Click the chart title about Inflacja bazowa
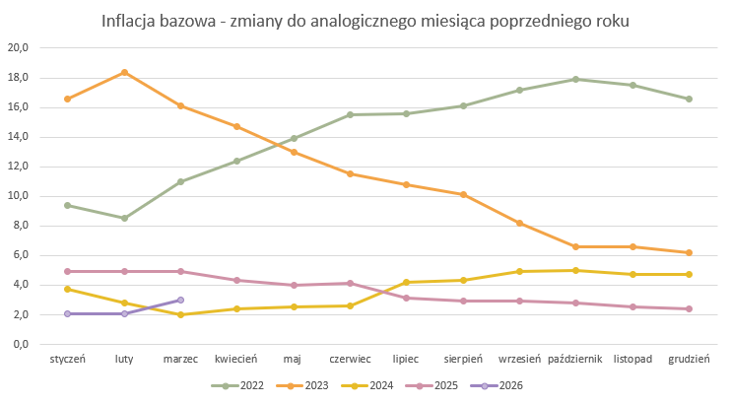[x=365, y=21]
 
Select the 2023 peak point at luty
[x=124, y=72]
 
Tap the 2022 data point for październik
[x=575, y=79]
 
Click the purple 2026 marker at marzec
[x=180, y=300]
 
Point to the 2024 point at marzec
[x=180, y=314]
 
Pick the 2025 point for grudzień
[x=689, y=308]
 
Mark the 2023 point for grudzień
[x=689, y=252]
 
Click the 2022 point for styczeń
[x=67, y=205]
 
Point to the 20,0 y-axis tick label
[x=19, y=47]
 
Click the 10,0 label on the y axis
[x=19, y=196]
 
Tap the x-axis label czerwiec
[x=350, y=360]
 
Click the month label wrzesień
[x=519, y=360]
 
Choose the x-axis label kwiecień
[x=236, y=360]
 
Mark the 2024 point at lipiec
[x=406, y=282]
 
